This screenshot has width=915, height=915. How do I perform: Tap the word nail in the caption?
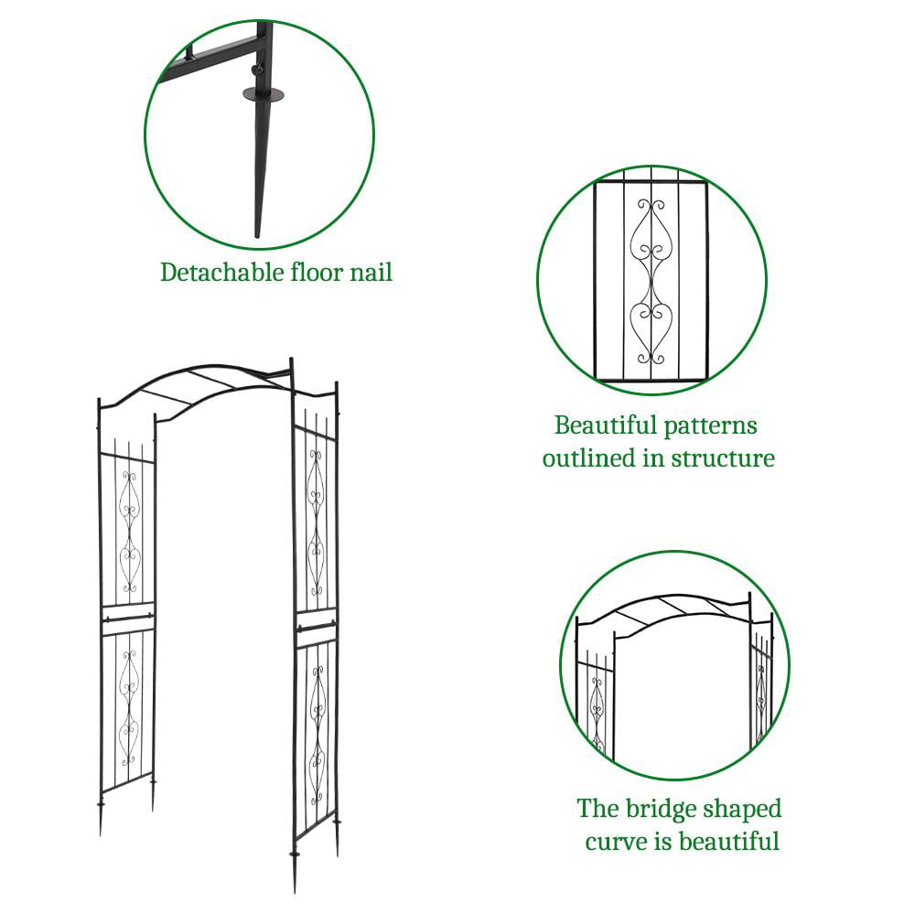coord(371,272)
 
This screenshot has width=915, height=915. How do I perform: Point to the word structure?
coord(721,457)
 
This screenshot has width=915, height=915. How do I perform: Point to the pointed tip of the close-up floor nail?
coord(257,233)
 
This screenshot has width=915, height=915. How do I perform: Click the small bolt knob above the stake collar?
coord(259,70)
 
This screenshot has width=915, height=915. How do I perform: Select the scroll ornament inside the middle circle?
coord(651,281)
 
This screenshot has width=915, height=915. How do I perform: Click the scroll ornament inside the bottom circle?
coord(597,715)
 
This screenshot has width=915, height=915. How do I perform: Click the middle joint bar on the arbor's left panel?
coord(127,619)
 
